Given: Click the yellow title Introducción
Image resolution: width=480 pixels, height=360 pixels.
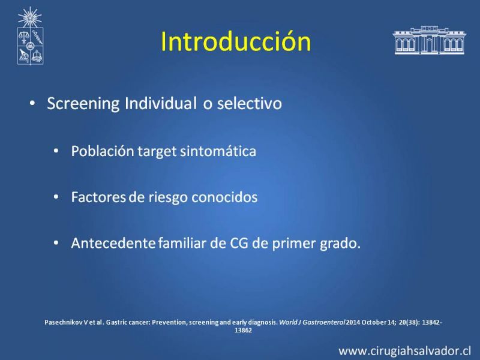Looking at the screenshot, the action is click(236, 41).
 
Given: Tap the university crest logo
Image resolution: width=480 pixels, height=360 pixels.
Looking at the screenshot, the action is click(30, 36).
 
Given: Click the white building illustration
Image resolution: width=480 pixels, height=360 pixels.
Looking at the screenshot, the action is click(430, 40).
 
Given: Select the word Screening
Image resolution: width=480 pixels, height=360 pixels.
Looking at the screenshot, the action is click(83, 104).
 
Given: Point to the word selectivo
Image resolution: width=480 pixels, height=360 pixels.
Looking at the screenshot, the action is click(250, 103).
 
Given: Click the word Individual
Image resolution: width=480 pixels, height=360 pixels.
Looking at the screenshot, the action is click(160, 103).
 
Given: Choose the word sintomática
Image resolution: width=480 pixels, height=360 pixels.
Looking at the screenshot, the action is click(218, 151).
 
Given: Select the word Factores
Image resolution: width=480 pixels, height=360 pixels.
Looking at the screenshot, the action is click(98, 197).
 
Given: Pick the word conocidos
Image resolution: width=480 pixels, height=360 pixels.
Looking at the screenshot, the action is click(224, 197).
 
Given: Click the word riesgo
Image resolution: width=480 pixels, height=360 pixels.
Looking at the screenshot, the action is click(168, 198).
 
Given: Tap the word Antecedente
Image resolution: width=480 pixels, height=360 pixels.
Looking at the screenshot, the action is click(113, 243).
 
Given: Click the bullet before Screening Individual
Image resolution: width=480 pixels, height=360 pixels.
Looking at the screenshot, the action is click(32, 103).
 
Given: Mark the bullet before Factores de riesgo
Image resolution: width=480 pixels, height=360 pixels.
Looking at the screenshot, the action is click(56, 197).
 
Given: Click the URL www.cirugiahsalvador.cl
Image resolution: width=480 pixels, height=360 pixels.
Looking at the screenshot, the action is click(404, 351).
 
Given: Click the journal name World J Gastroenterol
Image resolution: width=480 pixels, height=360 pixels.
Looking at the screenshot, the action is click(312, 322).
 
